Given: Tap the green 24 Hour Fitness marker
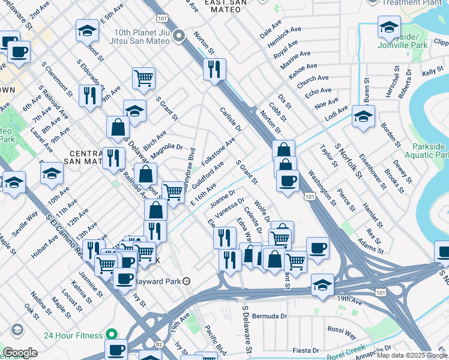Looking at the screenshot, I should coord(110,334).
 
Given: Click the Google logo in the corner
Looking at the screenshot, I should coord(20,353).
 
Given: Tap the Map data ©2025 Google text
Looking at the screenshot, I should coord(412,355).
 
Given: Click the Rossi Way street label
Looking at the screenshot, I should coord(342,329).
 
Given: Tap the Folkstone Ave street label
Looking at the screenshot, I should coord(218,153).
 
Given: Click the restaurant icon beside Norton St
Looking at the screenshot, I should coord(214,70).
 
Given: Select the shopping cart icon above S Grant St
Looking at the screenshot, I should coord(143,77).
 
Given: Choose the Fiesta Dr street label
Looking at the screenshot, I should coord(306,350).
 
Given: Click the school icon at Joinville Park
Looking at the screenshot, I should coord(389,27).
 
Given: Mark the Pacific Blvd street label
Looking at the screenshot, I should coord(215,340).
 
